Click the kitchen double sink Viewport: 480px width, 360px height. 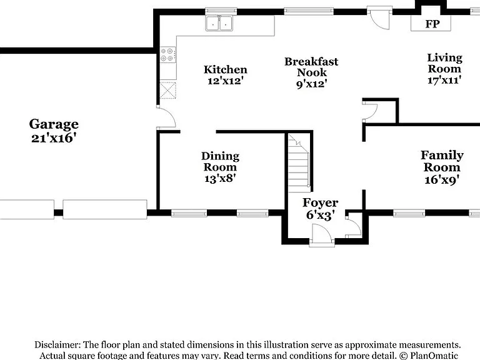tap(219, 23)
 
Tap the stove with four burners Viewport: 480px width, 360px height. tap(168, 55)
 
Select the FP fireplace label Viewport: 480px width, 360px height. tap(432, 24)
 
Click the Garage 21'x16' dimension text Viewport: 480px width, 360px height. tap(54, 138)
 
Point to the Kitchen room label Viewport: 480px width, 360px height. tap(226, 69)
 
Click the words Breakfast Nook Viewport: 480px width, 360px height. tap(311, 67)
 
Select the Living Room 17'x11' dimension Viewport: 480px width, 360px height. tap(444, 80)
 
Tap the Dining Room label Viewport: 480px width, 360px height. tap(220, 161)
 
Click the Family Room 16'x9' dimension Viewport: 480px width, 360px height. tap(442, 180)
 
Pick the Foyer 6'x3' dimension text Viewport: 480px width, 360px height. tap(320, 215)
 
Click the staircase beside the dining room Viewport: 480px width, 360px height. tap(299, 163)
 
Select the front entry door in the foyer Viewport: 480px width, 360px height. tap(322, 235)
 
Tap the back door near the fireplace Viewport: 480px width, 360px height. tap(379, 19)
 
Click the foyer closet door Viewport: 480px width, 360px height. tap(354, 226)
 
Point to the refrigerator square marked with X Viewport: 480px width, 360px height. tap(168, 90)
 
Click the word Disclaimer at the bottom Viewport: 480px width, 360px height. tap(57, 345)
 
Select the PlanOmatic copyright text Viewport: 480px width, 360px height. tap(429, 356)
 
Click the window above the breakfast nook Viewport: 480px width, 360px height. tap(309, 11)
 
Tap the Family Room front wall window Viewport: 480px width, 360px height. tap(409, 213)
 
